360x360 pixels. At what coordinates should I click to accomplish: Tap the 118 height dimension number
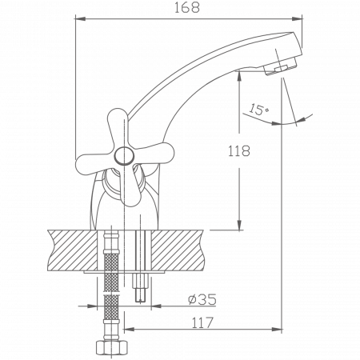[240, 150]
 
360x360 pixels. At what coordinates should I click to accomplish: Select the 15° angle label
[259, 109]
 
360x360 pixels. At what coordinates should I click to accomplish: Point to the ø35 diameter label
[202, 301]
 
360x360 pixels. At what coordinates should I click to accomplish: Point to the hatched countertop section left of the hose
[72, 247]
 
